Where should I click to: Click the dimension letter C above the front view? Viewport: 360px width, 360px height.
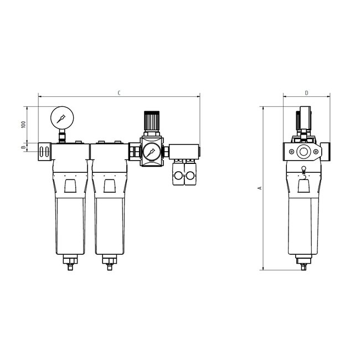point(119,92)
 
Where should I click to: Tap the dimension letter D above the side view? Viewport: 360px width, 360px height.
point(306,92)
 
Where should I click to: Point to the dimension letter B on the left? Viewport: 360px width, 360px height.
point(23,148)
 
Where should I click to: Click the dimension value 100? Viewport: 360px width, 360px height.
point(23,124)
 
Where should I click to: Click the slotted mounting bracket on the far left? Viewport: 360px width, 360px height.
point(44,151)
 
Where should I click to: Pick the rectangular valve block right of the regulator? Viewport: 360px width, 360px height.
point(184,151)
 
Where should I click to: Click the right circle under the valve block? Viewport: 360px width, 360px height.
point(191,176)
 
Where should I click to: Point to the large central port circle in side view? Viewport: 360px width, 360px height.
point(304,151)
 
